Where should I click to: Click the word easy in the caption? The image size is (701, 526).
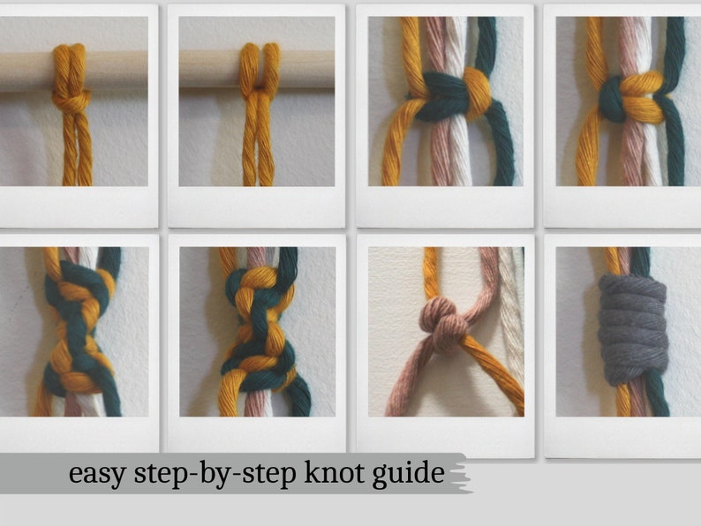click(95, 474)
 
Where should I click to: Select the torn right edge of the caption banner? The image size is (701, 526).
click(464, 475)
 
